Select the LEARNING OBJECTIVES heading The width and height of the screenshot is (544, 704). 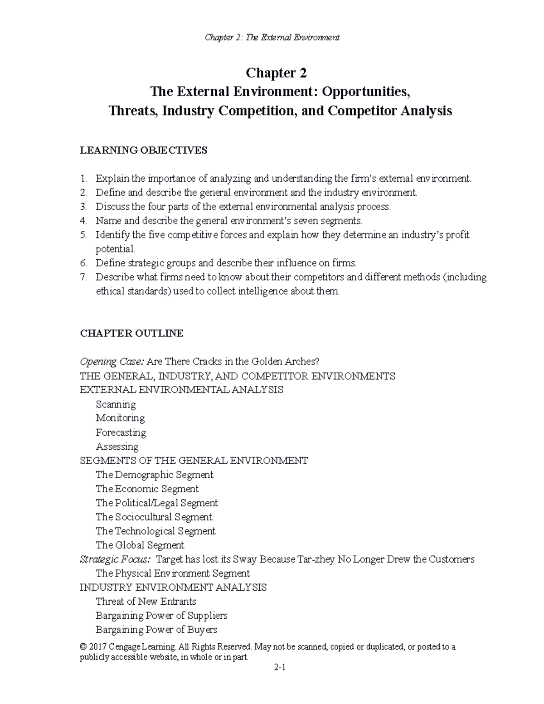pyautogui.click(x=143, y=151)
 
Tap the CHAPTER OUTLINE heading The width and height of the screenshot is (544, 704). pyautogui.click(x=131, y=334)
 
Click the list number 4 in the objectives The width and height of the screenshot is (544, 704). pyautogui.click(x=83, y=221)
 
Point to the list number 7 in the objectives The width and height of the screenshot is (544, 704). pyautogui.click(x=83, y=277)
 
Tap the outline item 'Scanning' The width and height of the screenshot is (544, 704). pyautogui.click(x=116, y=404)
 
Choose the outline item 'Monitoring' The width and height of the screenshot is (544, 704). pyautogui.click(x=120, y=418)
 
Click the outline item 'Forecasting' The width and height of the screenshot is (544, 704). pyautogui.click(x=121, y=432)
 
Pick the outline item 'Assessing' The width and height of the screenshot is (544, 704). pyautogui.click(x=117, y=447)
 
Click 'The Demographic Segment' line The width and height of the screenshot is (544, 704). pyautogui.click(x=154, y=475)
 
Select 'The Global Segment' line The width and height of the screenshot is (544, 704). pyautogui.click(x=140, y=545)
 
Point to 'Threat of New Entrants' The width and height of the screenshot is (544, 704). pyautogui.click(x=146, y=602)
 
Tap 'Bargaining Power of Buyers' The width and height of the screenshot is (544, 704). pyautogui.click(x=156, y=630)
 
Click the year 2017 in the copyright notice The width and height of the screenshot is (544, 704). pyautogui.click(x=98, y=647)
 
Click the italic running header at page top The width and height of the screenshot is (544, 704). pyautogui.click(x=272, y=37)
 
